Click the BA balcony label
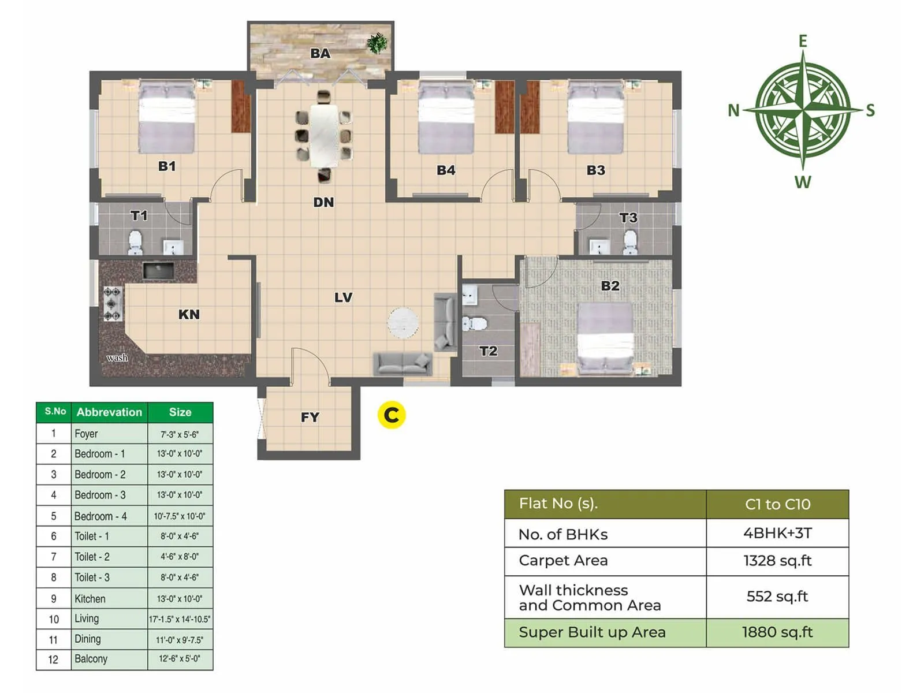320,53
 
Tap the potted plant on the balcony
377,43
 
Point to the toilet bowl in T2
476,323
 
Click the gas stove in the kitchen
113,304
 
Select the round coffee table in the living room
403,322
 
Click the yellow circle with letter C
392,415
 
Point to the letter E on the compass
803,42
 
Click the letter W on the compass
803,182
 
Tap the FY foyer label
310,417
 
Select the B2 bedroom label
610,286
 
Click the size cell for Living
180,619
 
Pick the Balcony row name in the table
91,659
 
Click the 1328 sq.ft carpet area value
777,561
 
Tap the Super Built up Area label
592,632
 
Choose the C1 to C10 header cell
777,504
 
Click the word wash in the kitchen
117,358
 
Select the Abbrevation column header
109,412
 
